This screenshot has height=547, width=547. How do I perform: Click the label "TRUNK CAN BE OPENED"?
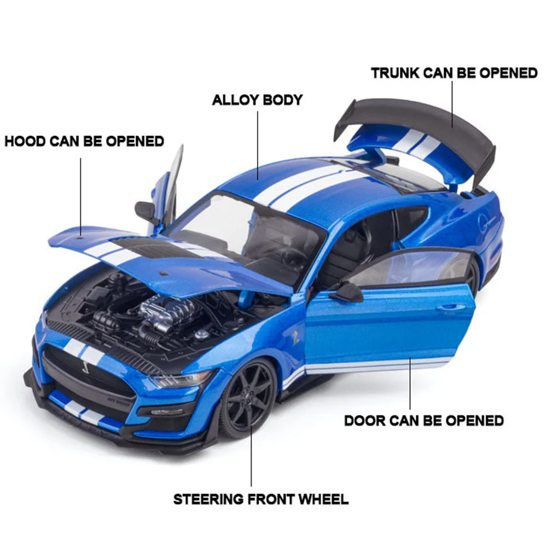tap(454, 73)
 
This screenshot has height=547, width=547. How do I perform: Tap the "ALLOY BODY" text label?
tap(257, 100)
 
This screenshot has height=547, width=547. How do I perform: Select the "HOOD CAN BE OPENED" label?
tap(84, 141)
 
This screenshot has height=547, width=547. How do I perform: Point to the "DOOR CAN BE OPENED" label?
tap(423, 421)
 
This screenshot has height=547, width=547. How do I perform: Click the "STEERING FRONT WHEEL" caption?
tap(260, 499)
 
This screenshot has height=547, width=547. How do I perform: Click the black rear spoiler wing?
tap(416, 118)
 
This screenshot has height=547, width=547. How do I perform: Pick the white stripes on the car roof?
tap(306, 181)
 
